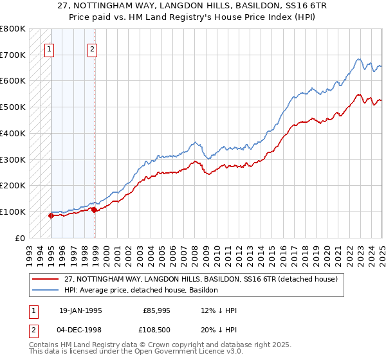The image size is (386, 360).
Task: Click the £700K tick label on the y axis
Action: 13,55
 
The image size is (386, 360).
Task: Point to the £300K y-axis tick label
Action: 13,159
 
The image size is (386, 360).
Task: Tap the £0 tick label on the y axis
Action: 19,238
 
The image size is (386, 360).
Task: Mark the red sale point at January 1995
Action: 51,215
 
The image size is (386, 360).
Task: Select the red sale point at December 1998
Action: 94,209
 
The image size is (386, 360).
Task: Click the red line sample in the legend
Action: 45,279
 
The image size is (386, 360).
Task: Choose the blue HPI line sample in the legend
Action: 45,290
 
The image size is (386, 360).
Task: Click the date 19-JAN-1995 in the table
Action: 80,310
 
